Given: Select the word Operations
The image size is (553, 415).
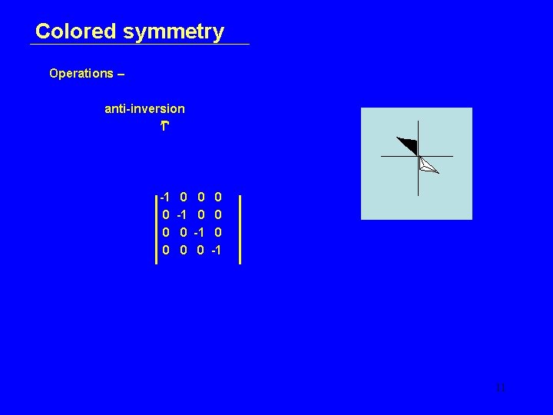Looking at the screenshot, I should click(x=81, y=74).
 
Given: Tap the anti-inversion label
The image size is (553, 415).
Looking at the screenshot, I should click(x=144, y=109).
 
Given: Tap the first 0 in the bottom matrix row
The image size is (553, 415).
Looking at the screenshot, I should click(x=166, y=250).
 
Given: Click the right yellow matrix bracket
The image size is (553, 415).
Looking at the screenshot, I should click(x=240, y=229).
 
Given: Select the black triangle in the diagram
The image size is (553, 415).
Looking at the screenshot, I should click(x=408, y=145).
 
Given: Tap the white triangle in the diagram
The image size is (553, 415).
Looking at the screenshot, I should click(x=427, y=165).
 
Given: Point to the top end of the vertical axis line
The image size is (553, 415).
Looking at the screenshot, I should click(x=418, y=122).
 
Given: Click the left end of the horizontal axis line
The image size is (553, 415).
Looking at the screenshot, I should click(x=382, y=157).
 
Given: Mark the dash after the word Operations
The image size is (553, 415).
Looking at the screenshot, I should click(x=121, y=75).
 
